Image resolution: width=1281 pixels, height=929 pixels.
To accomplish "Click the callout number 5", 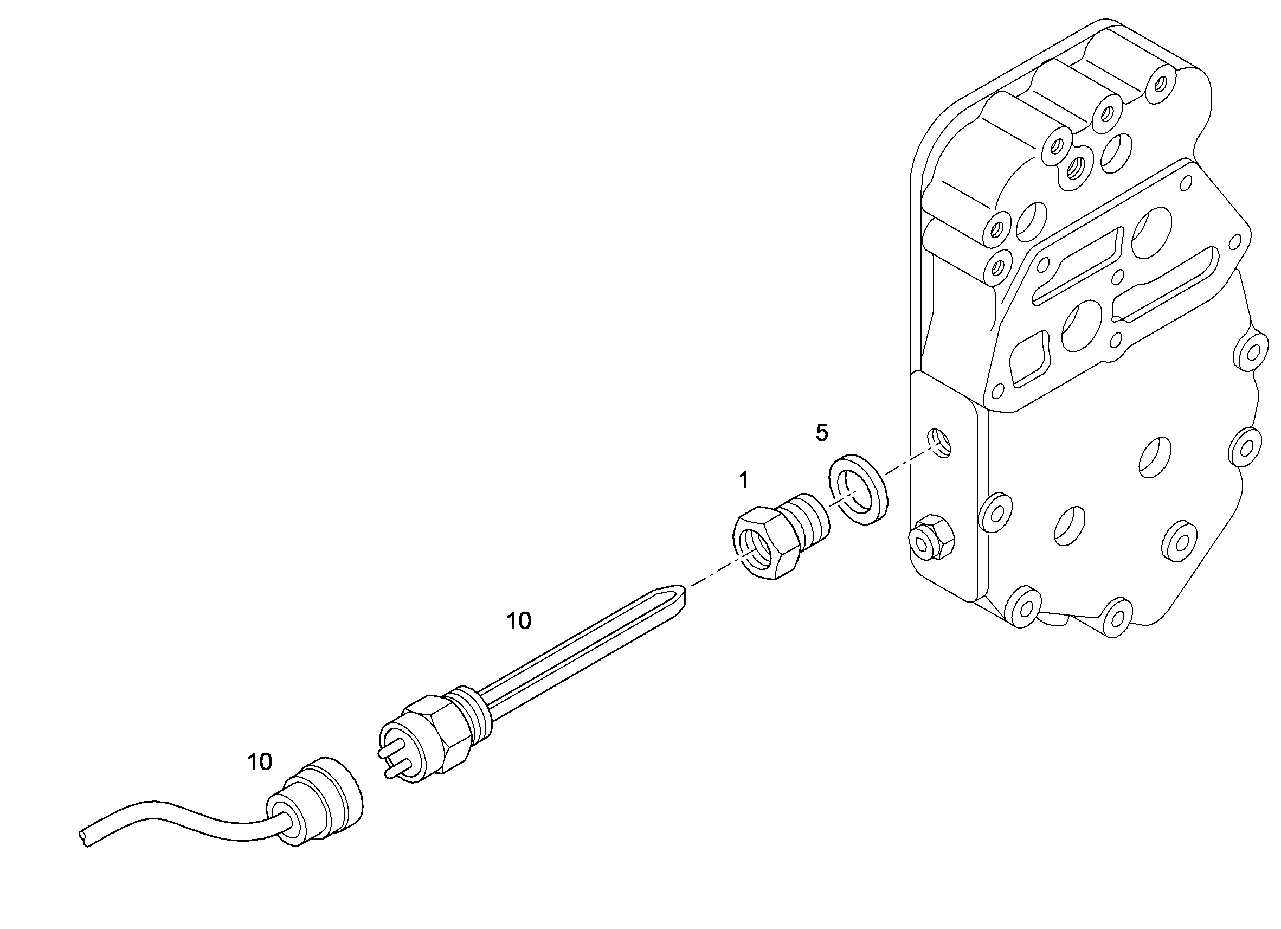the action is pyautogui.click(x=822, y=433).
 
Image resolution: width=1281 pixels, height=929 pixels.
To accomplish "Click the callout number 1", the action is pyautogui.click(x=744, y=480).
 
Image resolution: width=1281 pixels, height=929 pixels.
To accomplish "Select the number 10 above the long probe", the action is pyautogui.click(x=518, y=621).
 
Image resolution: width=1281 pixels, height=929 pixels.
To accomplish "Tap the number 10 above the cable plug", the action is pyautogui.click(x=259, y=763).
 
